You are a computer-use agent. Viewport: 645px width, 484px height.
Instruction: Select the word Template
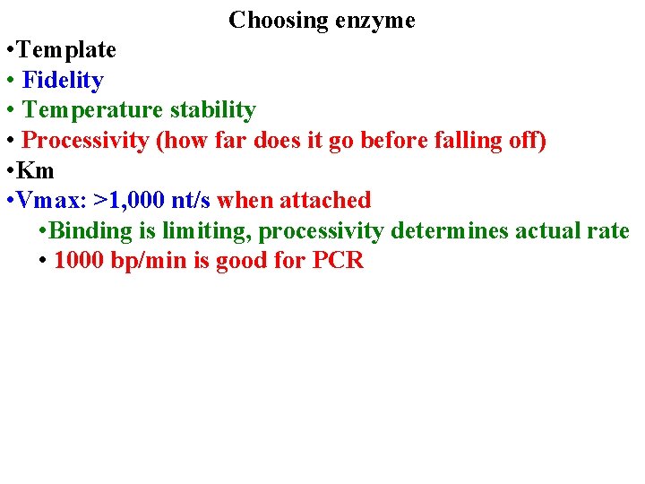(x=69, y=50)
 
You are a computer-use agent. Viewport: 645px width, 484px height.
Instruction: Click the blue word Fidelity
(x=63, y=81)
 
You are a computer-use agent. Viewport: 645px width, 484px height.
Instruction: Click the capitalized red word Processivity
(x=85, y=141)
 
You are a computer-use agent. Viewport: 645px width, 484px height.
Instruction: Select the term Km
(x=38, y=170)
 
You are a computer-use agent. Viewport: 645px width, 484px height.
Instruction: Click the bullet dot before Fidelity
(x=9, y=81)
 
